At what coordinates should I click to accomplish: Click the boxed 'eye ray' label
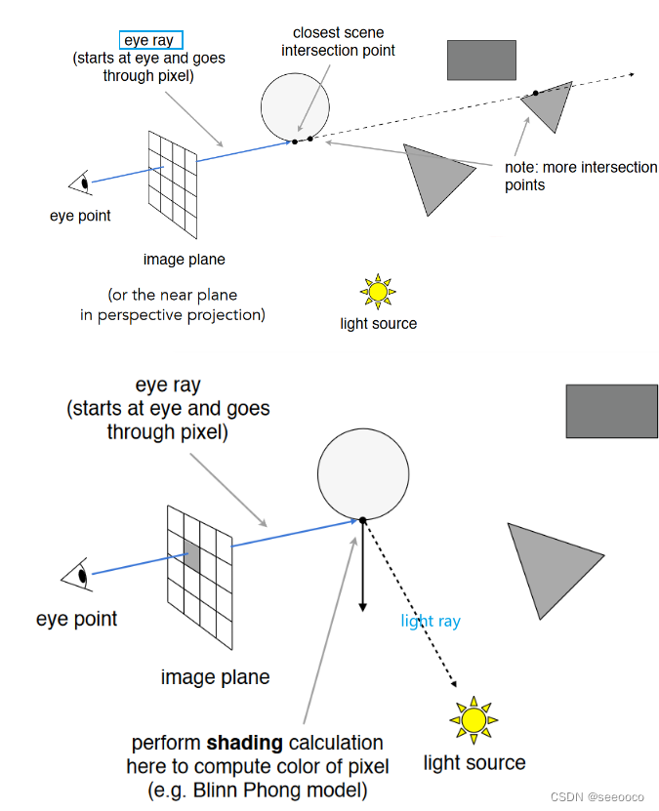148,41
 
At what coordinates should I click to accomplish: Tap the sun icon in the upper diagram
378,291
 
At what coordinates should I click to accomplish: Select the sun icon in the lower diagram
474,720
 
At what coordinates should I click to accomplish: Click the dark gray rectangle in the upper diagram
481,60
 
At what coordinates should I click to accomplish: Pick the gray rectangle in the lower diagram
611,411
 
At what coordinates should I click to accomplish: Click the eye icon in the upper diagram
81,182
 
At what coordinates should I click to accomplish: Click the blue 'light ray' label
431,621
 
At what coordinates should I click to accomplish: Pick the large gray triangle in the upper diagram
434,174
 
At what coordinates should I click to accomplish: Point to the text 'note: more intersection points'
581,176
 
